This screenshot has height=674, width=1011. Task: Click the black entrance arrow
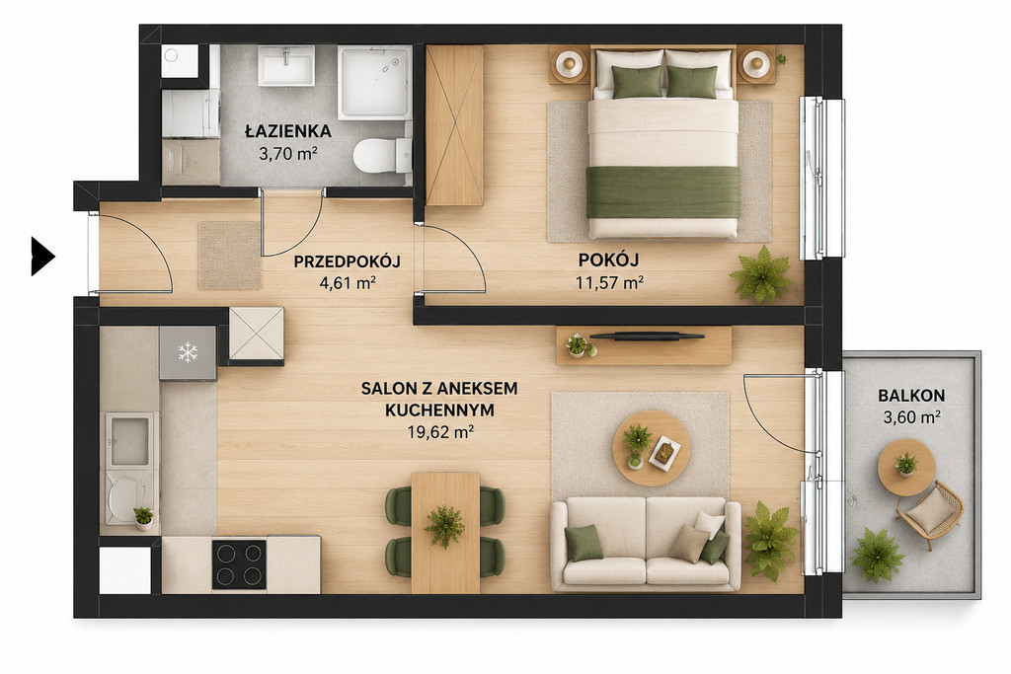click(42, 257)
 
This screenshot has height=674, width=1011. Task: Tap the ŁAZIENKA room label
click(288, 131)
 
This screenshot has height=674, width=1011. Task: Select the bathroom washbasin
click(286, 65)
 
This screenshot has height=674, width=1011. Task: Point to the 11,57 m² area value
click(609, 282)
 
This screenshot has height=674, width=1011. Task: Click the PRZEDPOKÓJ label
click(347, 262)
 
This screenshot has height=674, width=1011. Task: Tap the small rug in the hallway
click(229, 256)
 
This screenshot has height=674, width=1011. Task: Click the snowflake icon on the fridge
click(188, 352)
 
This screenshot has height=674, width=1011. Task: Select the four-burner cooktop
click(239, 564)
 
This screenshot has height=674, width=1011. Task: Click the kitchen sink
click(129, 440)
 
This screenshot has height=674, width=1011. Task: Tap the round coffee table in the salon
click(652, 448)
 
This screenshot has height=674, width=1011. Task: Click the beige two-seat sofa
click(646, 544)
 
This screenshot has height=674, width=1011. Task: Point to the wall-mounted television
click(646, 336)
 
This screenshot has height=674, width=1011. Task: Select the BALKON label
click(911, 396)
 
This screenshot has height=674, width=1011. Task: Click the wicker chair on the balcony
click(930, 513)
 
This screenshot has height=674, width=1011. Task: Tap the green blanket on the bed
click(662, 192)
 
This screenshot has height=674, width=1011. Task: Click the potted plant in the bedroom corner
click(761, 274)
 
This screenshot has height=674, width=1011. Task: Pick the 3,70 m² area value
click(287, 153)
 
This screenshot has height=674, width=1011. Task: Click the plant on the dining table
click(445, 526)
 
